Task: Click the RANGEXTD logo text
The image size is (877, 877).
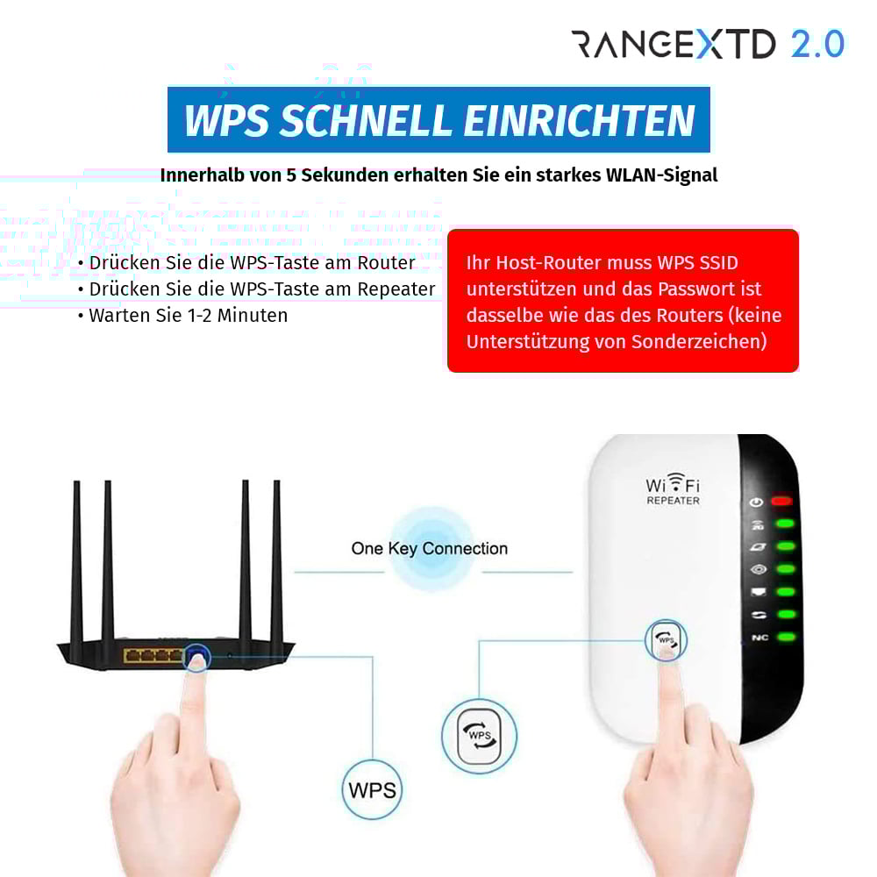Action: pyautogui.click(x=673, y=44)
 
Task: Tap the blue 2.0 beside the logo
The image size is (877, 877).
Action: pyautogui.click(x=816, y=44)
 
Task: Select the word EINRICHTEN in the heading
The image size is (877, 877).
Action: pyautogui.click(x=579, y=120)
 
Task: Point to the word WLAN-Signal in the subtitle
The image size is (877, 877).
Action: pyautogui.click(x=661, y=175)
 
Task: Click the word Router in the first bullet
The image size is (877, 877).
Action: pyautogui.click(x=386, y=262)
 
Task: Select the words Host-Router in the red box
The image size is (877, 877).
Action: pyautogui.click(x=542, y=262)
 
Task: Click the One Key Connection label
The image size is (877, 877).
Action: pyautogui.click(x=429, y=549)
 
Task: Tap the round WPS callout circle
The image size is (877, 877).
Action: pyautogui.click(x=372, y=789)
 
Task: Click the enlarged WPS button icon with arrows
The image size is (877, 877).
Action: pyautogui.click(x=479, y=735)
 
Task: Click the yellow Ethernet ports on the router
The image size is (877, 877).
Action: pyautogui.click(x=153, y=655)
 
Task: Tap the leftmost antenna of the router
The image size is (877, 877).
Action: pyautogui.click(x=76, y=561)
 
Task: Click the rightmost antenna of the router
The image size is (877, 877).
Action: pyautogui.click(x=276, y=561)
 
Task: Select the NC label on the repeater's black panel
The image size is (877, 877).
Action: pyautogui.click(x=759, y=638)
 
